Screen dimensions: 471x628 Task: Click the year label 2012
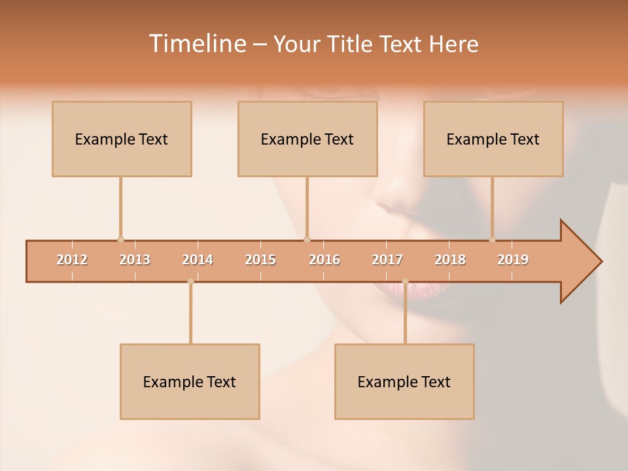[x=72, y=260]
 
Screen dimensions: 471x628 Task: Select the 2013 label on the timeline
[x=135, y=260]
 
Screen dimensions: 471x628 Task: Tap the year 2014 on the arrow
[x=198, y=260]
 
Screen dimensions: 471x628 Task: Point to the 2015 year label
[x=260, y=260]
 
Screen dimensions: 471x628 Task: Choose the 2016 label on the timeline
[x=324, y=260]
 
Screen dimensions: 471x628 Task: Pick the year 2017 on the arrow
[x=387, y=260]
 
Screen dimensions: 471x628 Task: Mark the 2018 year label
[x=450, y=260]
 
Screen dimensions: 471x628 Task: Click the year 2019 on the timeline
[x=513, y=260]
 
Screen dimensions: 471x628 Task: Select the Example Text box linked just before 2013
[x=122, y=139]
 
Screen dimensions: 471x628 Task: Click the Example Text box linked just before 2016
[x=307, y=139]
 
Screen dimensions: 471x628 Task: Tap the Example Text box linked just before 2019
[x=493, y=139]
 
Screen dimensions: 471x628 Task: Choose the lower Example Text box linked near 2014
[x=190, y=381]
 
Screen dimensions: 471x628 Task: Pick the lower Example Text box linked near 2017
[x=404, y=381]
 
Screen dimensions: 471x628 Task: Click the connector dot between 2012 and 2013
[x=120, y=239]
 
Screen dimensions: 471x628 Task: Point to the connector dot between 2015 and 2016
[x=307, y=239]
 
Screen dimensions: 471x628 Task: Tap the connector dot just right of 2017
[x=405, y=282]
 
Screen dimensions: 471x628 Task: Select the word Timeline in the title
[x=196, y=44]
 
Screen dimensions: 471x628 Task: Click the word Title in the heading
[x=353, y=44]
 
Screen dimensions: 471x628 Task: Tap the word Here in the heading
[x=453, y=44]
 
